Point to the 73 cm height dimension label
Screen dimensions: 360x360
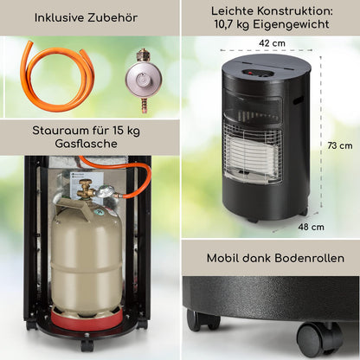(338, 145)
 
